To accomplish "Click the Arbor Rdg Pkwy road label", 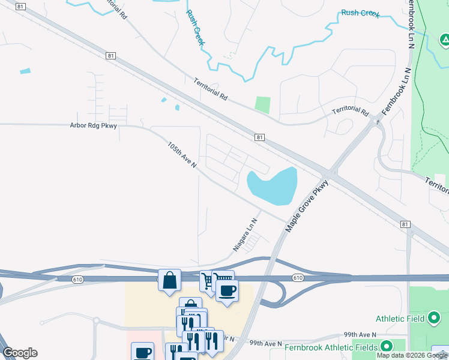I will click(x=93, y=125).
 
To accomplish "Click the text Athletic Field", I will click(x=400, y=318).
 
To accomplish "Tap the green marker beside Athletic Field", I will click(x=435, y=318).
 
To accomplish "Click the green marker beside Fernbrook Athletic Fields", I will click(x=387, y=346).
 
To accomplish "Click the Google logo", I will click(x=20, y=353).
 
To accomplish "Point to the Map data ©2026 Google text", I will click(x=412, y=355).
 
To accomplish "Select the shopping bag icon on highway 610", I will click(x=170, y=280).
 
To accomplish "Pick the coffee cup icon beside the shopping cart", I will click(x=227, y=291).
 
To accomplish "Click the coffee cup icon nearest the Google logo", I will click(x=143, y=353).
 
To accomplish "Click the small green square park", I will click(x=262, y=104).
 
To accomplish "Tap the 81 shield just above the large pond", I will click(x=259, y=137).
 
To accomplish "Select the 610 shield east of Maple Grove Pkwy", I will click(x=298, y=278).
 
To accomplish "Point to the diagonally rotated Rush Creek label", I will click(x=196, y=27).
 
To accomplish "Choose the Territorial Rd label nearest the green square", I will click(x=211, y=88).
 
